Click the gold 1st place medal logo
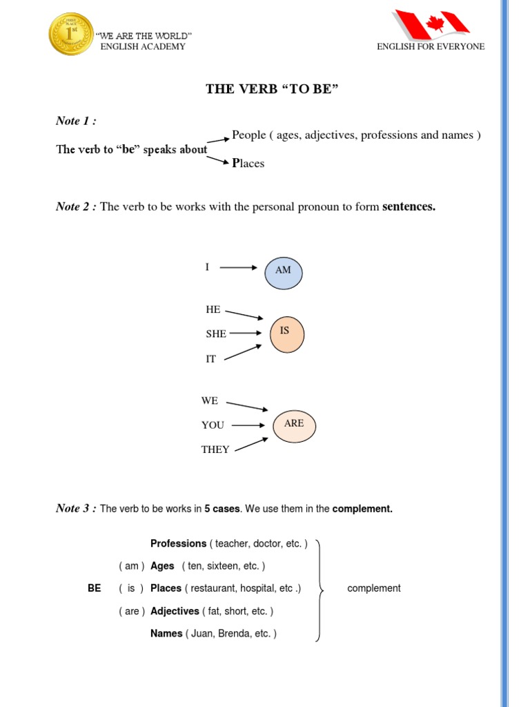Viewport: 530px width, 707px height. (71, 35)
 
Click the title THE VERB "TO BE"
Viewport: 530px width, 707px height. (273, 89)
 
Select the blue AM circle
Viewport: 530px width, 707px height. (284, 271)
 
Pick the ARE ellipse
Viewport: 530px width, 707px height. (294, 424)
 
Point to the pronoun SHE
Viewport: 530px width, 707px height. (216, 333)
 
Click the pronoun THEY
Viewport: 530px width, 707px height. (215, 449)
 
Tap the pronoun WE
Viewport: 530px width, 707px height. (210, 400)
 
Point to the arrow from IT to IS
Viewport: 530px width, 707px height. (244, 352)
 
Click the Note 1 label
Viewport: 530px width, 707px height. (75, 121)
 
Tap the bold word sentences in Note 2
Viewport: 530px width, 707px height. (409, 206)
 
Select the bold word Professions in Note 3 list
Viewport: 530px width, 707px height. (178, 543)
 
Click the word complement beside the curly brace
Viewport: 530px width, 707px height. (373, 588)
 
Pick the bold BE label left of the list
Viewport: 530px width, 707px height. (95, 588)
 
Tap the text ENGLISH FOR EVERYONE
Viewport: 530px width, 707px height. (431, 46)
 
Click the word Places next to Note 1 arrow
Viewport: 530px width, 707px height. (248, 164)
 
